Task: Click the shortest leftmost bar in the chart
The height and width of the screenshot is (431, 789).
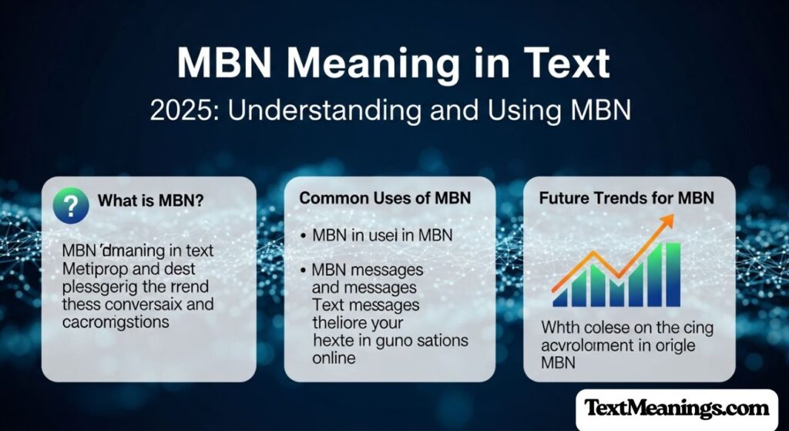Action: [560, 297]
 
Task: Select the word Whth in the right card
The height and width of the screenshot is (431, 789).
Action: [558, 328]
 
